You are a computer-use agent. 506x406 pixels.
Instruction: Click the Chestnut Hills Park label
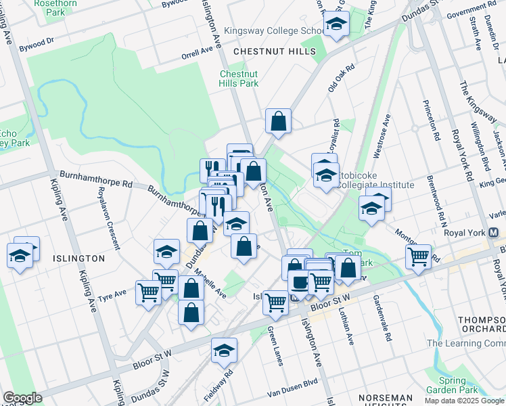click(x=239, y=78)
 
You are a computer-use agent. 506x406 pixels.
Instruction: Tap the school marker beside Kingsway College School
click(x=335, y=25)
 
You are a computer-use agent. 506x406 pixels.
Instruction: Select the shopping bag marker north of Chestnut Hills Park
click(x=278, y=122)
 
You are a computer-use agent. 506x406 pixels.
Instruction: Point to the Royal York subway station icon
click(x=494, y=232)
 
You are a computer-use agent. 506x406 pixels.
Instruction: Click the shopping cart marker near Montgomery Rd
click(x=419, y=257)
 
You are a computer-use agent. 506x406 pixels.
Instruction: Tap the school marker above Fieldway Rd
click(x=224, y=351)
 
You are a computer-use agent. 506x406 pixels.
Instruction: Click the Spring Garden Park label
click(x=452, y=385)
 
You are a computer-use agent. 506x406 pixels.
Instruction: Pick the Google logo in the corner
click(x=22, y=398)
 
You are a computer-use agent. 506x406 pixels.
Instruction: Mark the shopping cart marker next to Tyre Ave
click(x=148, y=292)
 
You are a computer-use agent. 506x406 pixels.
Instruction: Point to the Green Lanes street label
click(x=275, y=346)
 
